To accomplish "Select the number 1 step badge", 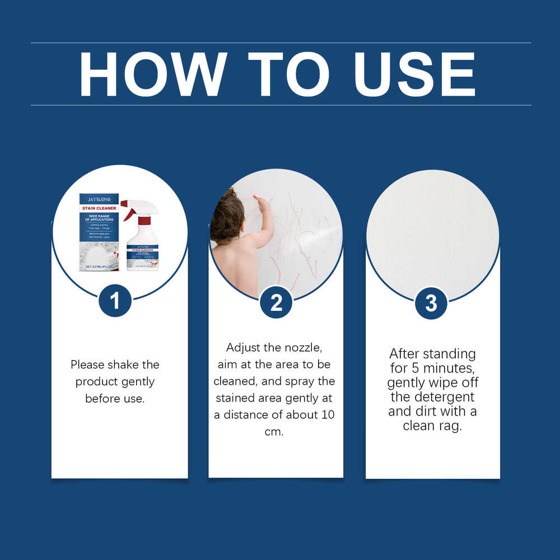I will [115, 301].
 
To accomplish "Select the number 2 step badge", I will [276, 303].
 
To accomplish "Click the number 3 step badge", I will [431, 303].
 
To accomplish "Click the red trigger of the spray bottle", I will [130, 212].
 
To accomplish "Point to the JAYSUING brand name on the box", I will [99, 198].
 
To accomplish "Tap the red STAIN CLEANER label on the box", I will [99, 208].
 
